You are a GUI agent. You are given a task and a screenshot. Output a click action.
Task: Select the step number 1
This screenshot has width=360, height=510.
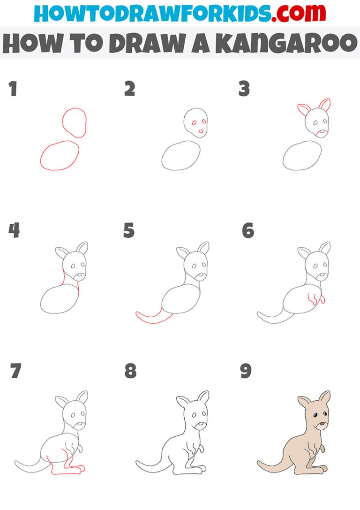(x=13, y=89)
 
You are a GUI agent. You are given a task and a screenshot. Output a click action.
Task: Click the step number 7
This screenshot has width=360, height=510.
(x=15, y=372)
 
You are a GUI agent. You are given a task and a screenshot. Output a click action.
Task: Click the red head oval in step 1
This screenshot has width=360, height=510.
(x=74, y=122)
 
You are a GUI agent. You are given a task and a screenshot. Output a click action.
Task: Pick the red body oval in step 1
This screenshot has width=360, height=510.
(x=60, y=156)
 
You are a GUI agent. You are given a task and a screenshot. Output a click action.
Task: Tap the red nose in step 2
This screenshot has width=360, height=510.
(x=201, y=132)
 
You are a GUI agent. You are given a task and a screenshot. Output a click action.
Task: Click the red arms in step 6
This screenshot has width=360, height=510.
(x=316, y=299)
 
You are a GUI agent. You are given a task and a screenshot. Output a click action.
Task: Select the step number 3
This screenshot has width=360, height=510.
(x=244, y=89)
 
